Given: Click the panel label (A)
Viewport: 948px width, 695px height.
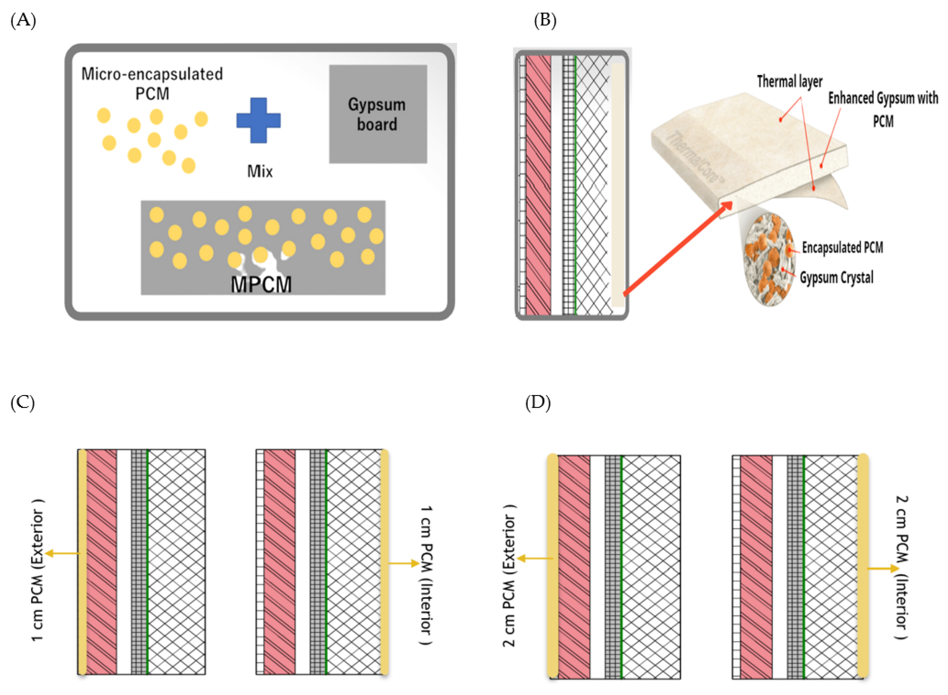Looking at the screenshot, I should pos(23,20).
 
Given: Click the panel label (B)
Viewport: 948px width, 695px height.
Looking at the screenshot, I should pos(545,20).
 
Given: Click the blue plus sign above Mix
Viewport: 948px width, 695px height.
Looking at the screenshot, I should pos(259,120).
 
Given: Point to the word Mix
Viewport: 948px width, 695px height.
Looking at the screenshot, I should pos(260,171).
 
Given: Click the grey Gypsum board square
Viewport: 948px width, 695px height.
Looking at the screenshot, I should pos(378,114).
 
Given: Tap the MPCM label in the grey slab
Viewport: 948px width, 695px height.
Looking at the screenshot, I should pos(261,284).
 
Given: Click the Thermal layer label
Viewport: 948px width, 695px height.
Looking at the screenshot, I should pos(789,81).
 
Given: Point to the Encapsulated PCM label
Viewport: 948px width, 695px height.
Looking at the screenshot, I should pos(842,247).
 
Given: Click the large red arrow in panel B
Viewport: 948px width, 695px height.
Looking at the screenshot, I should pos(678,248).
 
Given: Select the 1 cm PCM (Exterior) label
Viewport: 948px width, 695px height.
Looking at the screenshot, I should pos(38,570).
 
